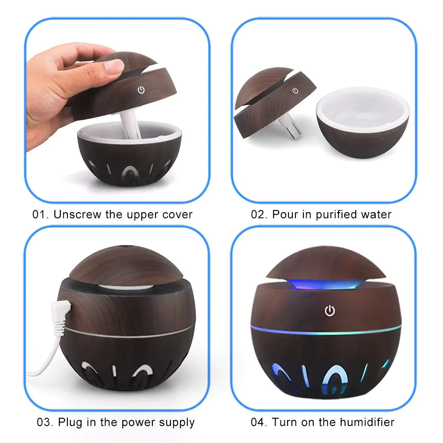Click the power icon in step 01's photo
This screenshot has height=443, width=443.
pyautogui.click(x=141, y=90)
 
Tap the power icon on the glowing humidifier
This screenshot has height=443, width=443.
pyautogui.click(x=330, y=311)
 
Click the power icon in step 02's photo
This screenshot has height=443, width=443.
pyautogui.click(x=295, y=90)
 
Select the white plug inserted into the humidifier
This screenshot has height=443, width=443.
pyautogui.click(x=61, y=316)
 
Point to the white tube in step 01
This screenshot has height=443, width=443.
pyautogui.click(x=130, y=125)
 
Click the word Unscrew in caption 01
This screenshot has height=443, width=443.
pyautogui.click(x=77, y=214)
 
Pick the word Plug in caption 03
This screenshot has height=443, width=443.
pyautogui.click(x=70, y=422)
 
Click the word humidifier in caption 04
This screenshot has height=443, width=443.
pyautogui.click(x=367, y=422)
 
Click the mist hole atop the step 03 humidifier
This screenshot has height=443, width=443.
pyautogui.click(x=123, y=246)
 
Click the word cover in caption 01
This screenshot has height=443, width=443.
pyautogui.click(x=178, y=215)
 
